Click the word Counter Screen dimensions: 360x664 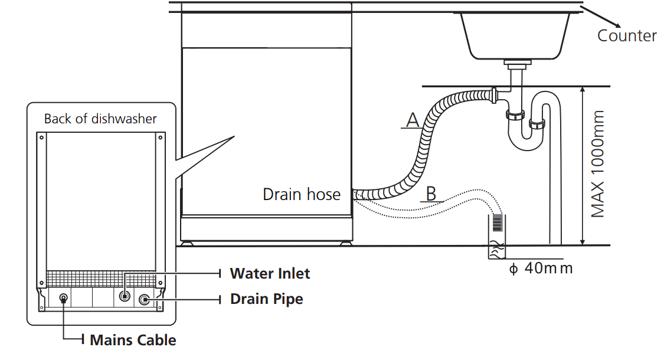tap(627, 35)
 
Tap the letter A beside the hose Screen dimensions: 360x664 tap(413, 120)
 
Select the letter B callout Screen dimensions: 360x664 tap(431, 193)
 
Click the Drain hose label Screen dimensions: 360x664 tap(302, 194)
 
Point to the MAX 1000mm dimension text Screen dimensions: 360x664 tap(598, 163)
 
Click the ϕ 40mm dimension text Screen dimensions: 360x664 tap(541, 268)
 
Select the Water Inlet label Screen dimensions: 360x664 tap(270, 273)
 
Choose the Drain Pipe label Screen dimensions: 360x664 tap(267, 299)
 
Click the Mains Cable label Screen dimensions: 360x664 tap(133, 340)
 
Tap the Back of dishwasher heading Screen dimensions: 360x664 tap(100, 119)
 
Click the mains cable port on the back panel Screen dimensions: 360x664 tap(64, 299)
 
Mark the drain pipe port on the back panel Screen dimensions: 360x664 tap(144, 300)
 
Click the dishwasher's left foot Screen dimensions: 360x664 tap(187, 241)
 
